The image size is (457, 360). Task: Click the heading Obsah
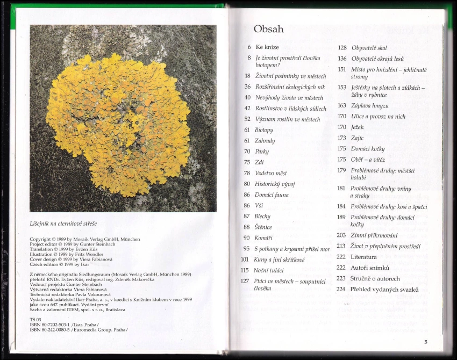click(268, 29)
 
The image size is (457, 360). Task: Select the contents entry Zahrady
click(265, 141)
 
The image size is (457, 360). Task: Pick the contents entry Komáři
click(264, 237)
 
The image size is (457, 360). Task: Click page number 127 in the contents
click(245, 281)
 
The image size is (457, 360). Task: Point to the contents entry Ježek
click(358, 127)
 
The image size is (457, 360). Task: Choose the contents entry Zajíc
click(358, 138)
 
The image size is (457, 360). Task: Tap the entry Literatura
click(363, 257)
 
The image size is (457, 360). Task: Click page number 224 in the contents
click(341, 289)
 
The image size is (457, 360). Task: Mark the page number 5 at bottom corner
click(425, 342)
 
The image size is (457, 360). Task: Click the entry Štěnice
click(263, 227)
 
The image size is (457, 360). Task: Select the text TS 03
click(35, 320)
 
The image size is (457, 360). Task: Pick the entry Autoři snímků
click(370, 268)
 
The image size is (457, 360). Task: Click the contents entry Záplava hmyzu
click(370, 105)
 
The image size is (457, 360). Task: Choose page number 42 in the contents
click(247, 108)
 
